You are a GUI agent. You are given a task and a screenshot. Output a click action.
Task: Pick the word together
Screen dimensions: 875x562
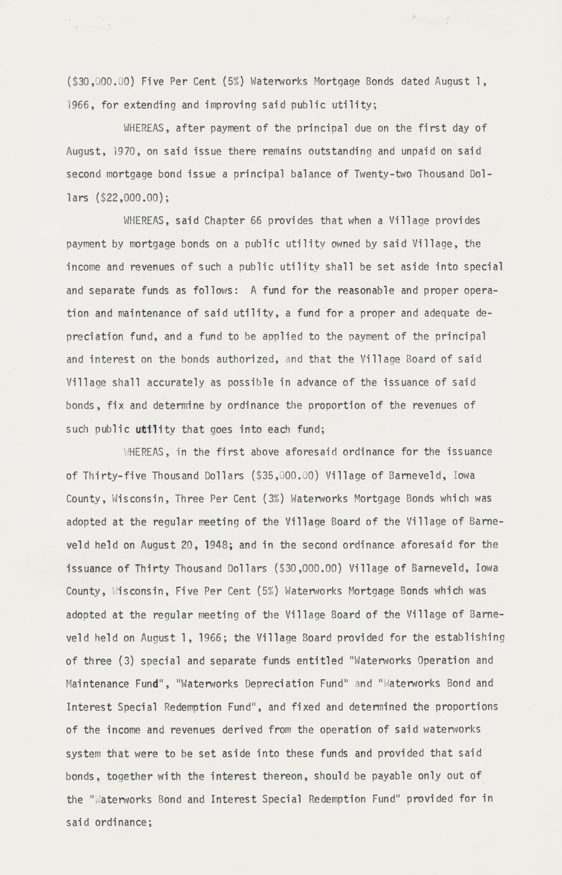pos(132,776)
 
